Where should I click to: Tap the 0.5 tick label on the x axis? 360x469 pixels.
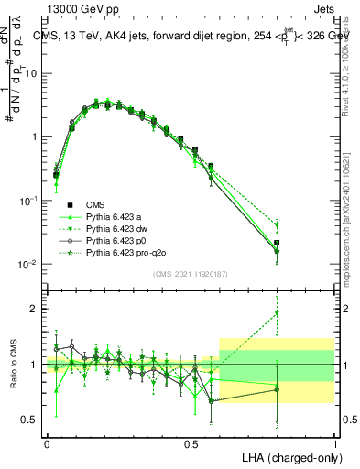(191, 442)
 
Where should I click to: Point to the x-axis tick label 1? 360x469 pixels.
(335, 442)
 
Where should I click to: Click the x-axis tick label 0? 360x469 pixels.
(47, 442)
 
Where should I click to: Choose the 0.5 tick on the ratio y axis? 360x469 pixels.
(28, 420)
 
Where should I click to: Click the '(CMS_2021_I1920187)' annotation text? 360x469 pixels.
(191, 272)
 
